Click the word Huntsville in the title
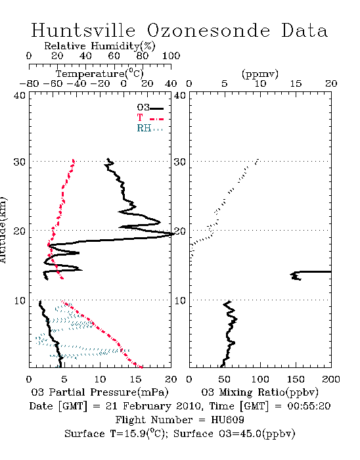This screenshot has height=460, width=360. (x=83, y=30)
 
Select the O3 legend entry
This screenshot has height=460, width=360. (x=150, y=107)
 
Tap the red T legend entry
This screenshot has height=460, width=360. (x=150, y=118)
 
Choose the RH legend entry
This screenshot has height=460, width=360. (x=150, y=128)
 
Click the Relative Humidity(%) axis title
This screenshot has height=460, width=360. (x=100, y=46)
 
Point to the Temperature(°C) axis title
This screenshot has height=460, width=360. (x=100, y=74)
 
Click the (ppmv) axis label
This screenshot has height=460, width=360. (x=260, y=74)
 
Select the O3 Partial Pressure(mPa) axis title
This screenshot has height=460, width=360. (x=100, y=392)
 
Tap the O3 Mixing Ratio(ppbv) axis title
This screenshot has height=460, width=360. (x=259, y=392)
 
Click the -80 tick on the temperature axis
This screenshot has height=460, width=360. (x=29, y=84)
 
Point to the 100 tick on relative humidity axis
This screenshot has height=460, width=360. (x=171, y=56)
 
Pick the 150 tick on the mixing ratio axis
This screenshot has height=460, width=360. (x=296, y=379)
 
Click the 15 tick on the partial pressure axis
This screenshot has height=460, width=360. (x=135, y=379)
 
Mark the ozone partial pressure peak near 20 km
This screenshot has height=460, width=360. (x=171, y=234)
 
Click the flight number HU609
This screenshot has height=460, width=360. (x=227, y=420)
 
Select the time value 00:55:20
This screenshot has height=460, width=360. (x=309, y=406)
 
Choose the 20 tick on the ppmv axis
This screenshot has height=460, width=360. (x=331, y=84)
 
